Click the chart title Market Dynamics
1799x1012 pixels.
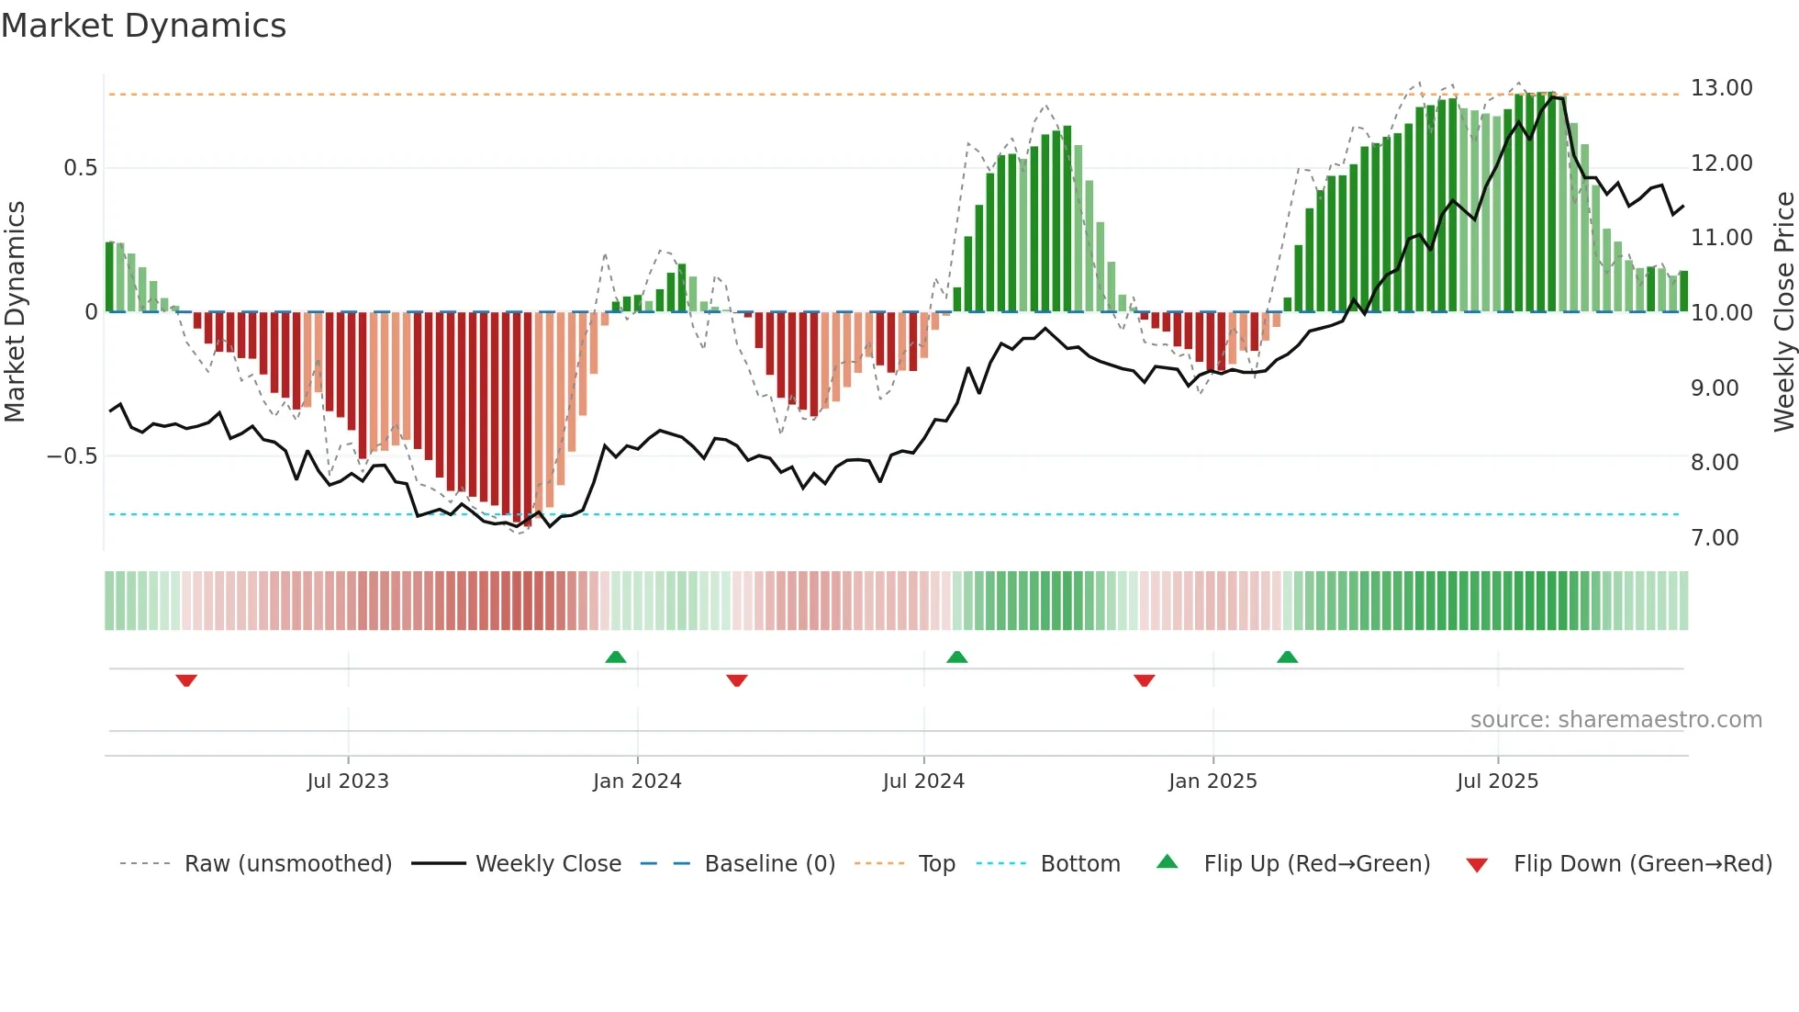[x=143, y=26]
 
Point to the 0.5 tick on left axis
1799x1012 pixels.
[x=80, y=168]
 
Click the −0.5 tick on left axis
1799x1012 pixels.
[x=72, y=456]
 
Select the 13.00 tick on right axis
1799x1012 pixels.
[x=1721, y=88]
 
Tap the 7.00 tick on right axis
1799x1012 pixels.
[x=1715, y=538]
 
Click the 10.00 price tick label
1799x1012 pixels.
[x=1721, y=313]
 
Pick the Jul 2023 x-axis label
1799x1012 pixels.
[x=348, y=781]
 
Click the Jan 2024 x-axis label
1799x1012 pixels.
[x=637, y=781]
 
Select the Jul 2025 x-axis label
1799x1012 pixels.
[x=1497, y=781]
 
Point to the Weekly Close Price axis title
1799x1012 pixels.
[x=1783, y=312]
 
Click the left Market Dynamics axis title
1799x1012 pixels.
[x=15, y=312]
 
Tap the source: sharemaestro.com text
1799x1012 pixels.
[x=1615, y=720]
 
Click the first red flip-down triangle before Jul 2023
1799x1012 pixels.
[x=186, y=680]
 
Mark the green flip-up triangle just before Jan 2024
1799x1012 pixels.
[x=616, y=657]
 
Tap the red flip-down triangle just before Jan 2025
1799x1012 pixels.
[x=1144, y=680]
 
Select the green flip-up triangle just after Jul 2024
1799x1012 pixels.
[x=956, y=657]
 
